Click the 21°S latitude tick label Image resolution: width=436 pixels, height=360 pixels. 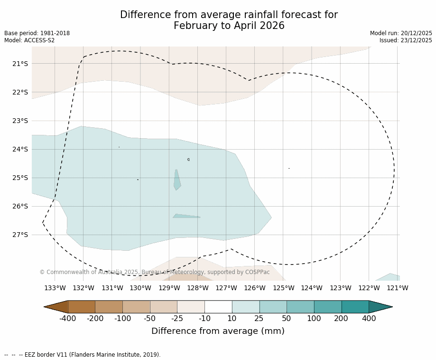pos(20,64)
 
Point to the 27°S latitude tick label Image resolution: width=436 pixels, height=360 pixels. pos(20,235)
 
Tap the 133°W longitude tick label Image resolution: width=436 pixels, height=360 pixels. pos(55,288)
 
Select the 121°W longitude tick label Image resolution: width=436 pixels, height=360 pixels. pos(397,288)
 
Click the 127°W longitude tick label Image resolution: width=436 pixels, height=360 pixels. pos(226,288)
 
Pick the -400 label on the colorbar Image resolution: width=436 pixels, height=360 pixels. pos(68,318)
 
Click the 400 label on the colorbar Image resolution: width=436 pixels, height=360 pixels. pos(369,318)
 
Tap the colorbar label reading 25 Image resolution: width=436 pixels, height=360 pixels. pos(259,318)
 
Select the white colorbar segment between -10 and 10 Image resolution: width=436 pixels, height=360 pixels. pos(218,307)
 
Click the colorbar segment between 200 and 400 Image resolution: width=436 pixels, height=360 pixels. pos(355,307)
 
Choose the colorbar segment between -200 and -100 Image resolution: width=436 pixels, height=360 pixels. pos(109,307)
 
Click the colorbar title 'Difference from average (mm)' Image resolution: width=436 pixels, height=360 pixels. pos(218,331)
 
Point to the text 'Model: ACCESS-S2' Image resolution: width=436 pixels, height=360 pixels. pos(29,40)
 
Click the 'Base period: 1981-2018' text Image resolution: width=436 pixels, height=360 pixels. pos(37,33)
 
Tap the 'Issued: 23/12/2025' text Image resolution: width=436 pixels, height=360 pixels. pos(406,40)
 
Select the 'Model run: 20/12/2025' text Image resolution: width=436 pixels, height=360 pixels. pos(401,33)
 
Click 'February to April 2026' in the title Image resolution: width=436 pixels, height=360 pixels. pos(229,26)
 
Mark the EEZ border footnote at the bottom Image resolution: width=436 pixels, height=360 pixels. pos(83,355)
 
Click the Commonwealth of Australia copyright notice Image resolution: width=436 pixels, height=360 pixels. pos(154,272)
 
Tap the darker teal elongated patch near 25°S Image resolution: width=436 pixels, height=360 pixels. pos(177,180)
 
